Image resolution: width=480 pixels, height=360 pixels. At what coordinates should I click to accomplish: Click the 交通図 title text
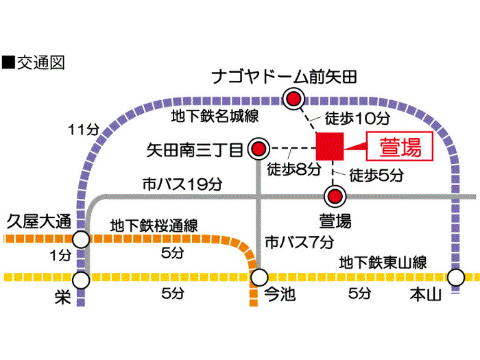pyautogui.click(x=40, y=63)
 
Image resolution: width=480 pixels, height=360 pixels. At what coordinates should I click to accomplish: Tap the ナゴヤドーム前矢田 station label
pyautogui.click(x=285, y=77)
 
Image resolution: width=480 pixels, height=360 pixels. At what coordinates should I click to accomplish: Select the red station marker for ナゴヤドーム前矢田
pyautogui.click(x=293, y=99)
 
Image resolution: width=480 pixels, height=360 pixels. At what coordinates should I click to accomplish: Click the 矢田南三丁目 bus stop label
pyautogui.click(x=195, y=150)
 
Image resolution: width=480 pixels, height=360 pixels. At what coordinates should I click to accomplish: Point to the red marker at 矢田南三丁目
pyautogui.click(x=259, y=149)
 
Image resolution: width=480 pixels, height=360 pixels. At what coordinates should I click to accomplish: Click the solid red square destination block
pyautogui.click(x=330, y=146)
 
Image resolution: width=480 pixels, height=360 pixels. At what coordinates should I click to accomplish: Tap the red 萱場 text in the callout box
pyautogui.click(x=400, y=147)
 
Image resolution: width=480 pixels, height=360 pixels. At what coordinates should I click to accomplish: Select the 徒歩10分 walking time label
pyautogui.click(x=357, y=118)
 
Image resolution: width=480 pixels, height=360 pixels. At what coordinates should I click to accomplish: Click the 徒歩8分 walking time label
pyautogui.click(x=294, y=169)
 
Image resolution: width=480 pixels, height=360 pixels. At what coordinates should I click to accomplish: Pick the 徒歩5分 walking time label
pyautogui.click(x=376, y=175)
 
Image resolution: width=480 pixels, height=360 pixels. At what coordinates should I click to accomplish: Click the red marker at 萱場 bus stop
pyautogui.click(x=335, y=196)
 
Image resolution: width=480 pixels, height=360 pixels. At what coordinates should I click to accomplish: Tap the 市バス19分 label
pyautogui.click(x=182, y=184)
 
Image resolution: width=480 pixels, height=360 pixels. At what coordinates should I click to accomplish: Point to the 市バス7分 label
pyautogui.click(x=300, y=243)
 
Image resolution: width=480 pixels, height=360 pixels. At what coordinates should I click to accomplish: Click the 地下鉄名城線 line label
pyautogui.click(x=215, y=117)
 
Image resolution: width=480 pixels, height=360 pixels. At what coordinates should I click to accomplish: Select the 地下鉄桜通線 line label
pyautogui.click(x=154, y=226)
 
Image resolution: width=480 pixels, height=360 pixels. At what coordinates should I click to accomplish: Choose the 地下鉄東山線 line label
pyautogui.click(x=383, y=263)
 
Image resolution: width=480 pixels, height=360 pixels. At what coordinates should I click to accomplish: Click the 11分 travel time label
pyautogui.click(x=84, y=130)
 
